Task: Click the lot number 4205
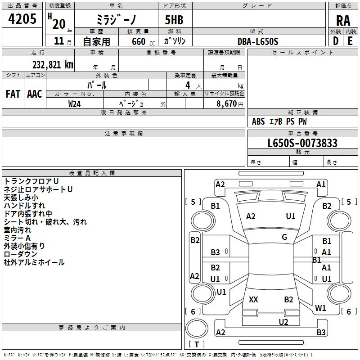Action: point(22,19)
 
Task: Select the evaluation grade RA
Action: point(343,20)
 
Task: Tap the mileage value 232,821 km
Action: point(53,64)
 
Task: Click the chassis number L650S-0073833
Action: point(302,143)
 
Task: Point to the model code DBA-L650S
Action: point(258,41)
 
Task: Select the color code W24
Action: point(75,103)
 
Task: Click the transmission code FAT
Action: point(13,94)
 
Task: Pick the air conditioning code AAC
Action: point(35,94)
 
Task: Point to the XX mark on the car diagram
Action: point(253,300)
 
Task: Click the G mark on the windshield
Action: point(284,237)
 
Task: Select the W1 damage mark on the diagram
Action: point(320,308)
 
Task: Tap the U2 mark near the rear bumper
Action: point(283,322)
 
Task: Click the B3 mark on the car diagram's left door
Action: point(216,252)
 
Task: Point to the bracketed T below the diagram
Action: point(197,345)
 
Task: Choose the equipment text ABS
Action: point(258,121)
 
